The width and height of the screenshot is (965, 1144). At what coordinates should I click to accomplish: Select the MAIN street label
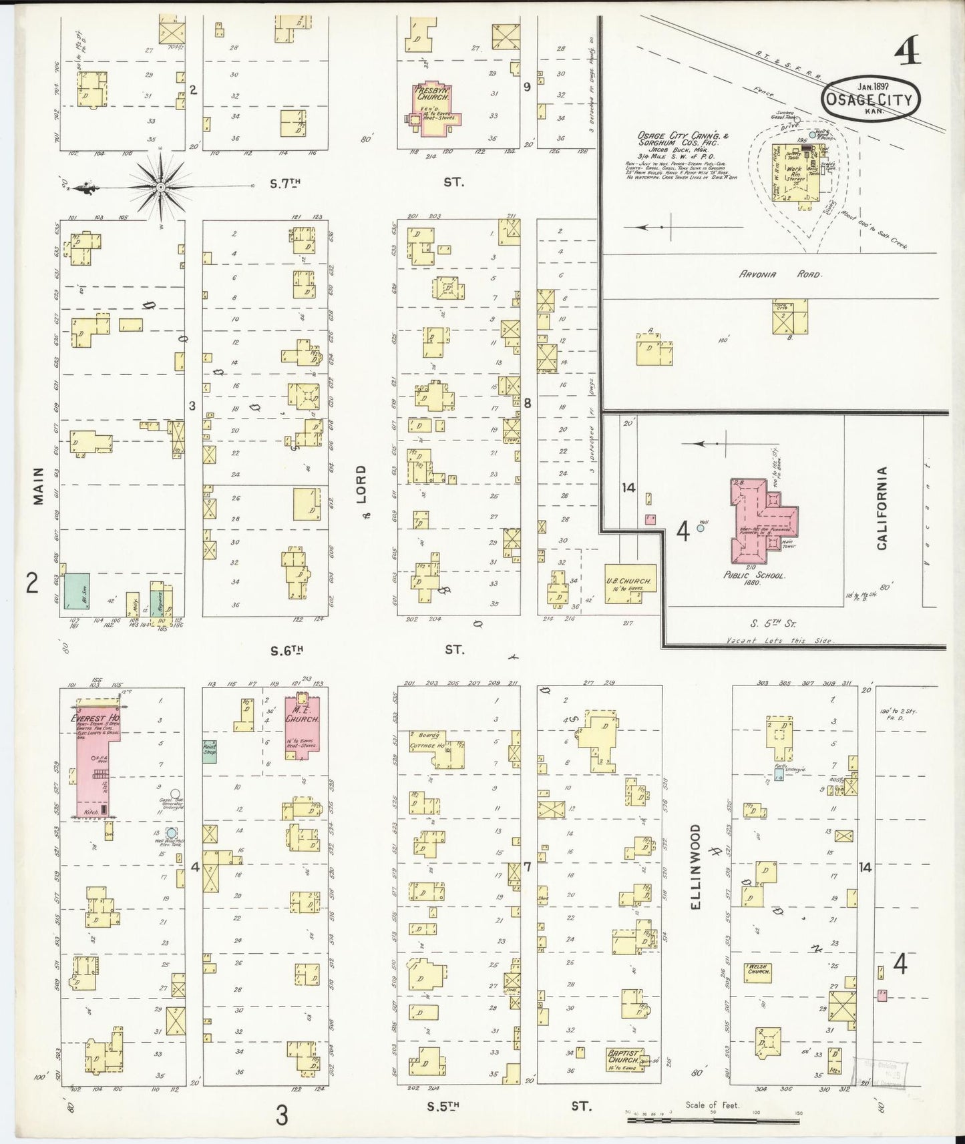pyautogui.click(x=38, y=485)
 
